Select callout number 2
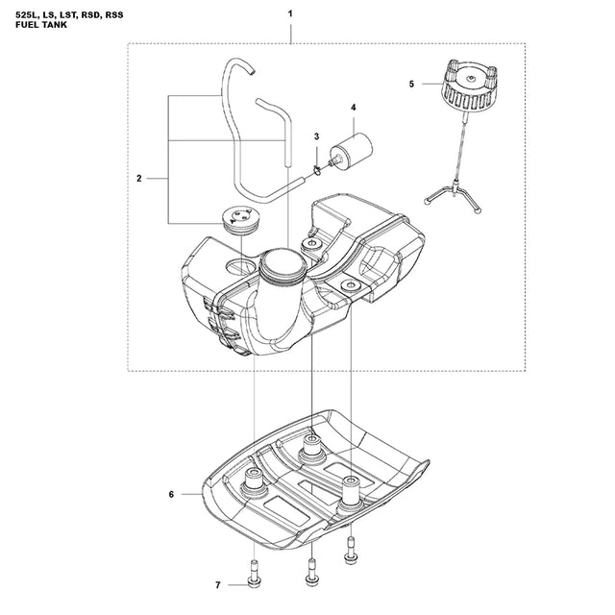[139, 179]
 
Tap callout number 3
[316, 138]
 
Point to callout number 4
[354, 108]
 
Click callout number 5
[411, 85]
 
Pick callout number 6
[171, 495]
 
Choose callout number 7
[218, 585]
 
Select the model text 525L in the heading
[27, 14]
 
